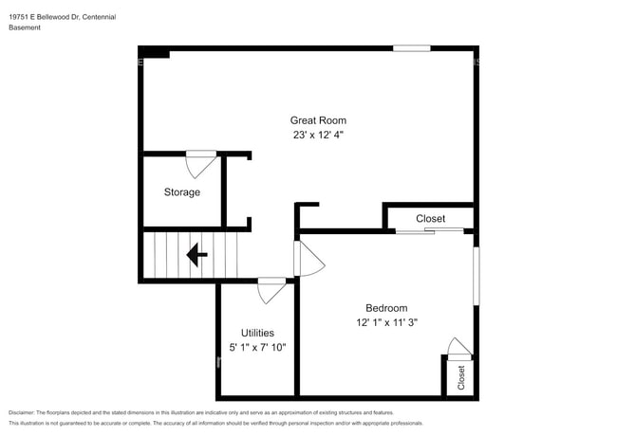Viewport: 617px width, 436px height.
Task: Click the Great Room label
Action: click(318, 120)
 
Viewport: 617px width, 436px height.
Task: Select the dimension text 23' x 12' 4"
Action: click(318, 136)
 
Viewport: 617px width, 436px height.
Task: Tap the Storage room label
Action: click(181, 192)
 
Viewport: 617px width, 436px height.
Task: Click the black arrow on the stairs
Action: click(197, 255)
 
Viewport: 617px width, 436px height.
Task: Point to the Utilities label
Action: click(257, 333)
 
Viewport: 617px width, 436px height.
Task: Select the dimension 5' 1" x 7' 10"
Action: click(257, 348)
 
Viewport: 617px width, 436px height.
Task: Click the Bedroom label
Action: click(386, 308)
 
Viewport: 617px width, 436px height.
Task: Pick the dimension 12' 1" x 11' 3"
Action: click(386, 322)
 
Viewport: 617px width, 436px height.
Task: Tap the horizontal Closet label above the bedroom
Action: click(430, 219)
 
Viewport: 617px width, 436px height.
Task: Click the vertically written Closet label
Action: click(461, 377)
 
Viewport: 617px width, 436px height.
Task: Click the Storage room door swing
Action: click(200, 163)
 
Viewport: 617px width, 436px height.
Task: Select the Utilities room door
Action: click(271, 288)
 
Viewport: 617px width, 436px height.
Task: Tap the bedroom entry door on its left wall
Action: click(308, 258)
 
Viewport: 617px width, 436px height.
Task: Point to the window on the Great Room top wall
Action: click(411, 48)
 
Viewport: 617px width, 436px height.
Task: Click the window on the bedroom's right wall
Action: click(476, 276)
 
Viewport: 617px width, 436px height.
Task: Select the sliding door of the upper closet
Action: click(430, 230)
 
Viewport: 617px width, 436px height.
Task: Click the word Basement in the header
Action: click(25, 28)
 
